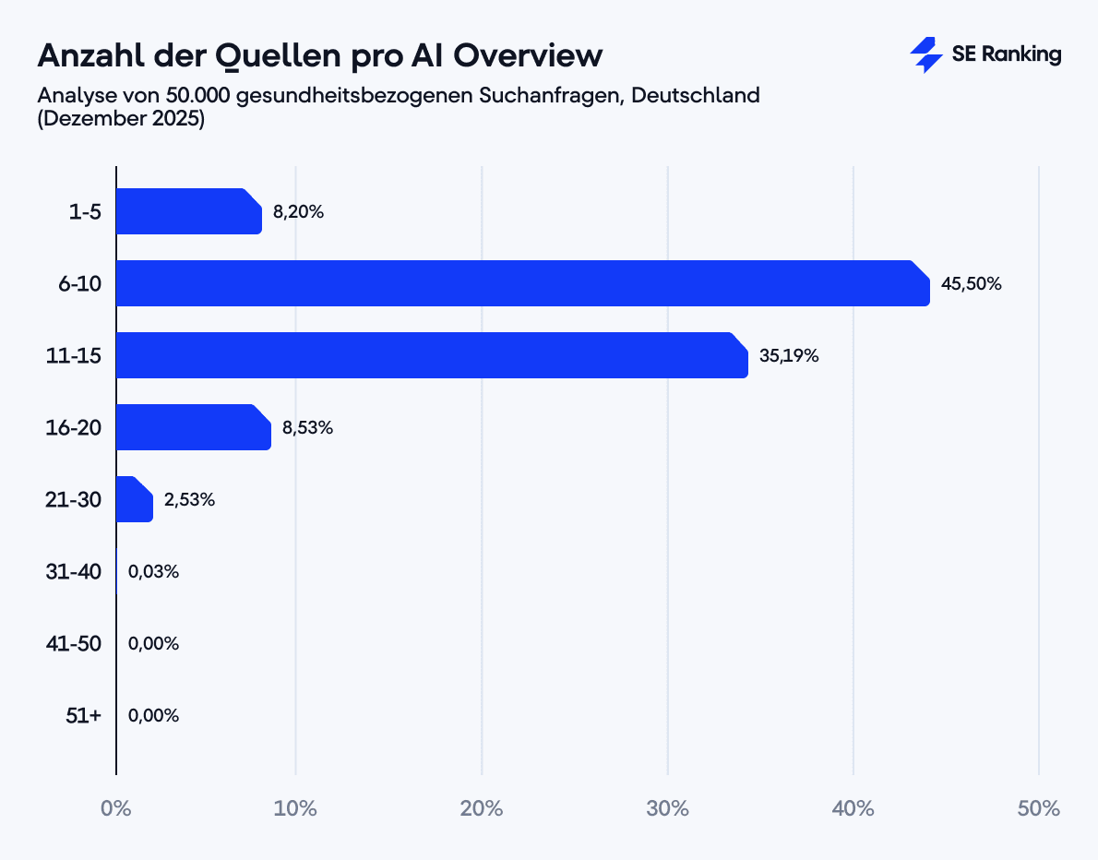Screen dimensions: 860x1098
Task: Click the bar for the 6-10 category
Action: point(522,283)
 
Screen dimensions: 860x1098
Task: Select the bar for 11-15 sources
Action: point(432,355)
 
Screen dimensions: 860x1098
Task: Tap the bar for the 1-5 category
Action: point(188,211)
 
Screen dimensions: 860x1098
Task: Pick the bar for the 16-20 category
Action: point(193,427)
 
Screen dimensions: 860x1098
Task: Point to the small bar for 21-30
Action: point(135,499)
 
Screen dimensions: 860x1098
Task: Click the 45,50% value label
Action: point(971,284)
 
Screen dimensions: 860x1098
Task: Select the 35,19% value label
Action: point(789,356)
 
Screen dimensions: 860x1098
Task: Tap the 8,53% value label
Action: point(307,428)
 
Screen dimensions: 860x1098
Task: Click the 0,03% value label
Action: point(153,572)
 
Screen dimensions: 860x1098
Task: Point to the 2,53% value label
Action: point(189,500)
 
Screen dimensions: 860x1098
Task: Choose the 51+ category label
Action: point(83,715)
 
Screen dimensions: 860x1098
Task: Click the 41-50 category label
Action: point(74,643)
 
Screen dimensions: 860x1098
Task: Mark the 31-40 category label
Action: point(74,572)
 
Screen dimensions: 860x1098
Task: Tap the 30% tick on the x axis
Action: point(667,809)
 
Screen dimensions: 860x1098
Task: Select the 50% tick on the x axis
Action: point(1039,809)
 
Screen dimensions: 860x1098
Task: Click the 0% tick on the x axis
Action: point(115,809)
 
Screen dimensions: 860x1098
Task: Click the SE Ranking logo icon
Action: point(925,54)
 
